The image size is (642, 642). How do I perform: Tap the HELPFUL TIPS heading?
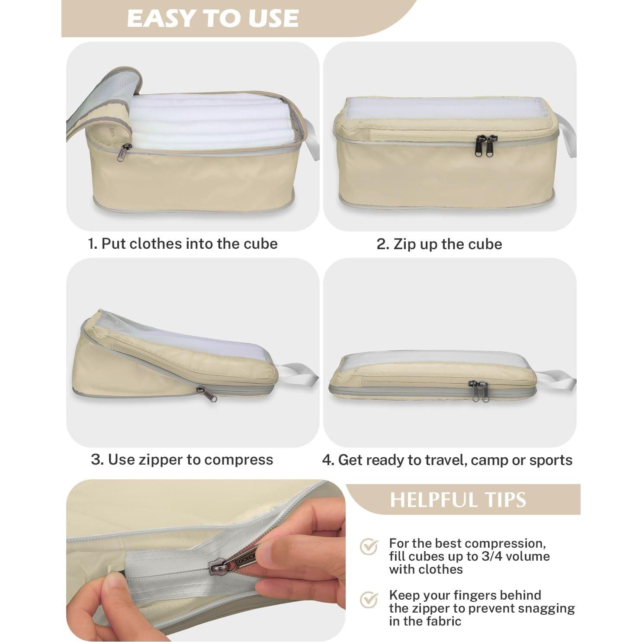pyautogui.click(x=458, y=500)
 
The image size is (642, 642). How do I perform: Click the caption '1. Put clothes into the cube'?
pyautogui.click(x=183, y=244)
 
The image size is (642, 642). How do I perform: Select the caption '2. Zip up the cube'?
pyautogui.click(x=439, y=244)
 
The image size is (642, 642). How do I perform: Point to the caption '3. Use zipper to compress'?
pyautogui.click(x=182, y=459)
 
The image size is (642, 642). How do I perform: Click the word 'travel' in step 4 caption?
pyautogui.click(x=445, y=460)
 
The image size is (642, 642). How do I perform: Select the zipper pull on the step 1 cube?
pyautogui.click(x=124, y=152)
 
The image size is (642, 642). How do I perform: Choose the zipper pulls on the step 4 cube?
pyautogui.click(x=479, y=391)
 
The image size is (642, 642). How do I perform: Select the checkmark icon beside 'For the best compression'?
pyautogui.click(x=369, y=547)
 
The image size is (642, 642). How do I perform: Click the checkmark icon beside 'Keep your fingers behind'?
pyautogui.click(x=369, y=599)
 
